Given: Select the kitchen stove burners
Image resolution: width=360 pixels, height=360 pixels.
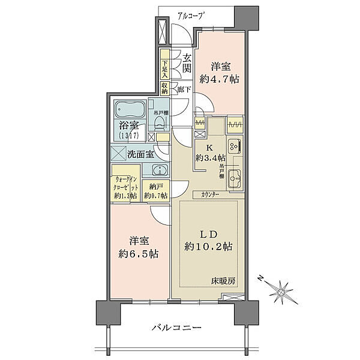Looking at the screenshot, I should coord(235,145).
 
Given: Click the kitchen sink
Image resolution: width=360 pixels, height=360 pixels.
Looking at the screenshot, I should coord(235,178).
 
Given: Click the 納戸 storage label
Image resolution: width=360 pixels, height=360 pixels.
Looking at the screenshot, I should coord(158,187).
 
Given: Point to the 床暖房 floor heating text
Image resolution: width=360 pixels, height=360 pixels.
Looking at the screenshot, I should coord(221,281).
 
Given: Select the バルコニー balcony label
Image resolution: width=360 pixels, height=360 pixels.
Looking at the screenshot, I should coord(176,328).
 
